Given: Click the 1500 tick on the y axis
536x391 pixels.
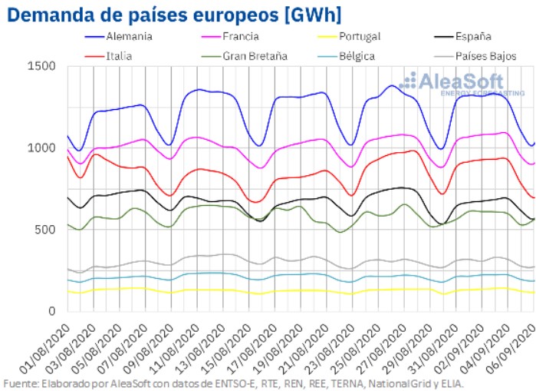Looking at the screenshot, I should pyautogui.click(x=44, y=66).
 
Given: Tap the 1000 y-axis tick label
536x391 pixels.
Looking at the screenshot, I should pyautogui.click(x=44, y=147).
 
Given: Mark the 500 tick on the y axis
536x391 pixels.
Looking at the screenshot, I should pyautogui.click(x=47, y=230).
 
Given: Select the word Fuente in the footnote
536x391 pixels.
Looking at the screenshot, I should pyautogui.click(x=21, y=383).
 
